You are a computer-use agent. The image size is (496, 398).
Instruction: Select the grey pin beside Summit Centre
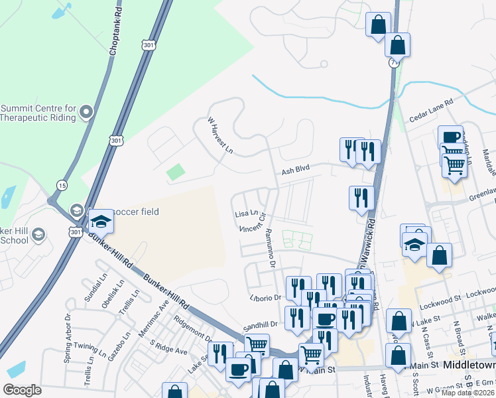point(86,113)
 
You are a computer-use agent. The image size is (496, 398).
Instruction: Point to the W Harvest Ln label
point(221,136)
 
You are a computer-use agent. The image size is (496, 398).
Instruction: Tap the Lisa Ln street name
point(246,214)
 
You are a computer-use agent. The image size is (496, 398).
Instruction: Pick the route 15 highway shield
point(62,184)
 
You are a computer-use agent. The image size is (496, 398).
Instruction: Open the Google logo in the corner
point(23,389)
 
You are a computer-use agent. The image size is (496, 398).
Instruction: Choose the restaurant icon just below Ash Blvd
point(361,198)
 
